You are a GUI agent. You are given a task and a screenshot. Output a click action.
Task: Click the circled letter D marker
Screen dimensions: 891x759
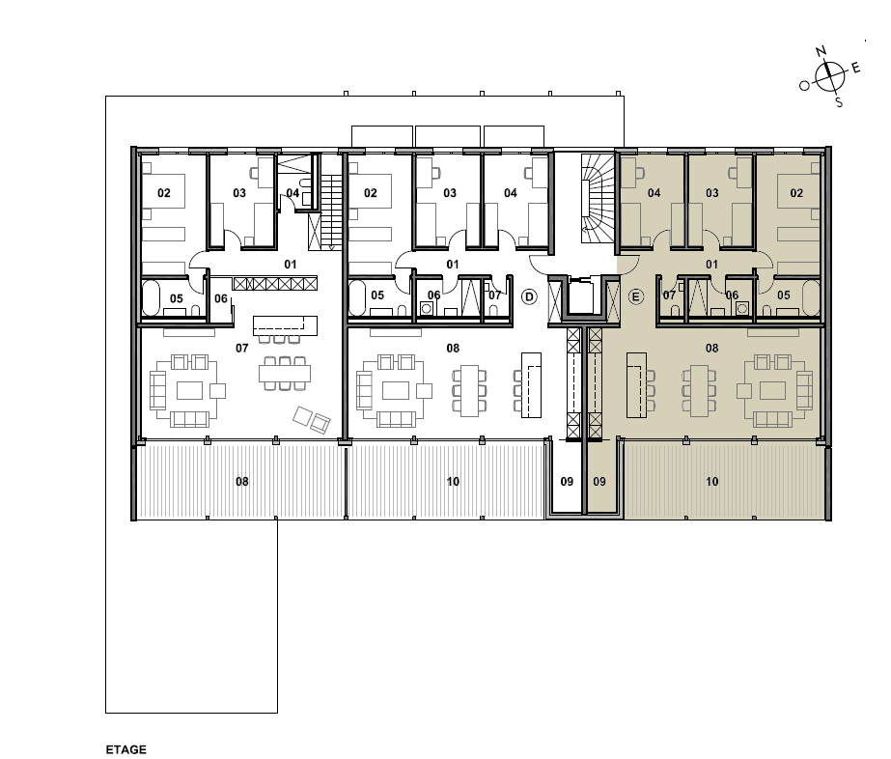(x=529, y=296)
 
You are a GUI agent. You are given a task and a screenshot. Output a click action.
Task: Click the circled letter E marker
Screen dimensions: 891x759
(x=636, y=296)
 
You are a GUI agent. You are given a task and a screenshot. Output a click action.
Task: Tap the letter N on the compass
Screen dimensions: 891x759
(x=821, y=52)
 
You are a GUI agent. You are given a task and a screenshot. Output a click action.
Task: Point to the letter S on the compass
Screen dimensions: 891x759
(x=839, y=103)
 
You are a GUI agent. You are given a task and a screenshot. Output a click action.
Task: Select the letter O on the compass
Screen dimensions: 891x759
(x=804, y=86)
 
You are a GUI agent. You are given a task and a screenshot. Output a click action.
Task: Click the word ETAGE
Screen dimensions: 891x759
(x=125, y=750)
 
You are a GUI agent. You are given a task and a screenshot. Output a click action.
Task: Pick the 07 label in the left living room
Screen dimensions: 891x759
(x=242, y=348)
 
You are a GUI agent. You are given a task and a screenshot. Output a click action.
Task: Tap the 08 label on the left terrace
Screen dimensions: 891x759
(x=242, y=482)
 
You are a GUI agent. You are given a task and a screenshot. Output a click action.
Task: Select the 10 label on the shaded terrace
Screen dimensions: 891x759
(x=712, y=482)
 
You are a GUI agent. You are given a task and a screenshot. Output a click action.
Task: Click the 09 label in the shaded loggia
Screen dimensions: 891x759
(x=599, y=482)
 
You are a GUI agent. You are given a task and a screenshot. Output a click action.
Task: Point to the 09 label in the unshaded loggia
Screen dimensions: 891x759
(x=567, y=482)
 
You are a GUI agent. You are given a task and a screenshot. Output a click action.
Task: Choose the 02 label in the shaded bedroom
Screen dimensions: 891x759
(x=796, y=193)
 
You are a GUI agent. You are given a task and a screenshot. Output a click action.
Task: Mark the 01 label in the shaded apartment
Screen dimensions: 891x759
(x=712, y=265)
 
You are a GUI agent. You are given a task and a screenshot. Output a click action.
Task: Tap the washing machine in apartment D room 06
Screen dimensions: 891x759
(x=426, y=308)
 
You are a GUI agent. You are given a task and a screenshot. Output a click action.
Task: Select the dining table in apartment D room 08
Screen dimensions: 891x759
(x=469, y=390)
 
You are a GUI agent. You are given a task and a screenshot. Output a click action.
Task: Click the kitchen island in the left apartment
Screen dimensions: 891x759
(x=285, y=325)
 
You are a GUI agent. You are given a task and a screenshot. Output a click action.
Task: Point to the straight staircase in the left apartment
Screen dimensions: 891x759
(x=331, y=212)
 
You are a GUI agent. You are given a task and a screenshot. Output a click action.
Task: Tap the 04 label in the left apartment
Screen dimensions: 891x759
(x=292, y=193)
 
